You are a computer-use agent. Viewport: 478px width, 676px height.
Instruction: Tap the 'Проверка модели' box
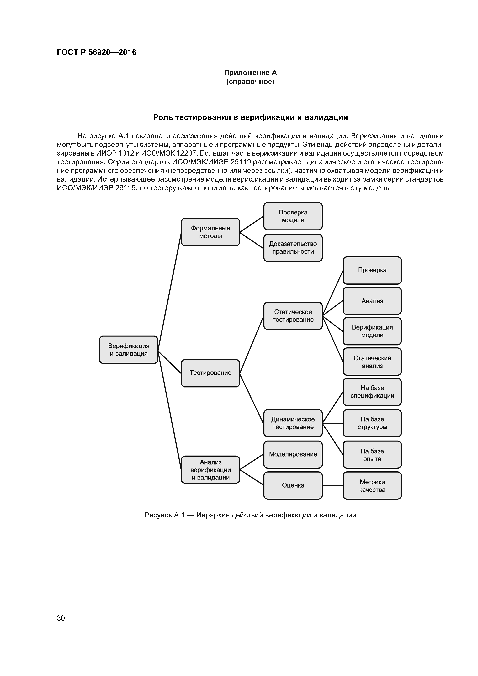[x=293, y=216]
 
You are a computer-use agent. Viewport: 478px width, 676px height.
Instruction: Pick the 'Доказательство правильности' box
[x=293, y=248]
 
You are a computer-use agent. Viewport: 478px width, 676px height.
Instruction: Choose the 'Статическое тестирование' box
[x=293, y=316]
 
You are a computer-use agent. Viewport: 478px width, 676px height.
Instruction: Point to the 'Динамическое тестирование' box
[x=293, y=423]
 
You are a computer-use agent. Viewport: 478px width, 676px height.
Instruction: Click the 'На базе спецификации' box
[x=372, y=392]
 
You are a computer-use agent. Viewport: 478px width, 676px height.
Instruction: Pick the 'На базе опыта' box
[x=372, y=455]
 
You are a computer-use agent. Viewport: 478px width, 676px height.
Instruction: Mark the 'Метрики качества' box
[x=372, y=486]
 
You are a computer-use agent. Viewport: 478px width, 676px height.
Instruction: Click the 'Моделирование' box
[x=293, y=454]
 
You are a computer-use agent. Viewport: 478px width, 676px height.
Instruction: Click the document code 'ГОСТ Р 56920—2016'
[x=97, y=52]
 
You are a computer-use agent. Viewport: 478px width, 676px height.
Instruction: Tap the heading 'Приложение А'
[x=250, y=72]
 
